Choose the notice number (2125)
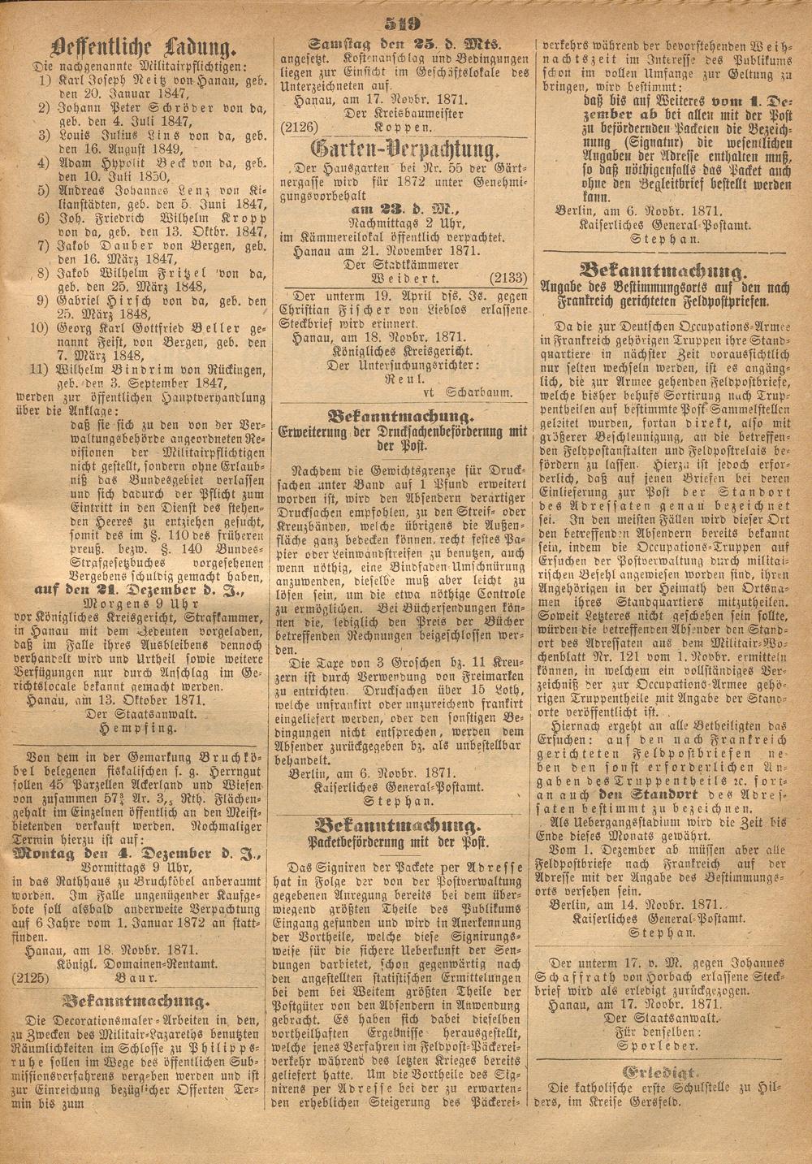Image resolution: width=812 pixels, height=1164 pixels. (30, 979)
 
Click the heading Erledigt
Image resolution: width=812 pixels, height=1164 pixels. (667, 1071)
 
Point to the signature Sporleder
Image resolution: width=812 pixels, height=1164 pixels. (667, 1048)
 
